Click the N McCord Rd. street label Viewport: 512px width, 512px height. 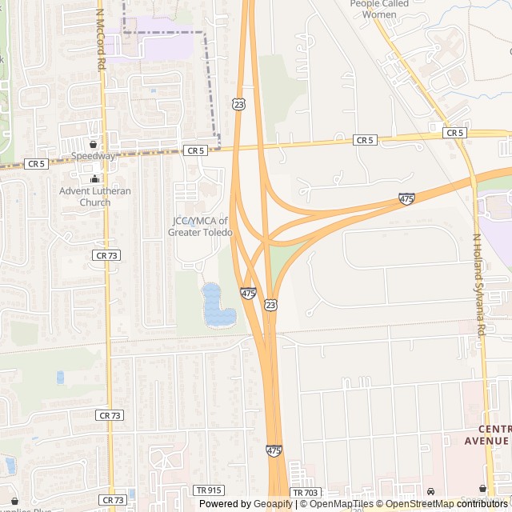click(101, 39)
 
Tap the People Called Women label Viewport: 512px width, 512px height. click(379, 9)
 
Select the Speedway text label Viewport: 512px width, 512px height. click(93, 156)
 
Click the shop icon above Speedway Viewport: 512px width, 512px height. click(94, 145)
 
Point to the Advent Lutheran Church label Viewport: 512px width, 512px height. click(95, 197)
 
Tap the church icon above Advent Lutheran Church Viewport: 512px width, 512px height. click(95, 179)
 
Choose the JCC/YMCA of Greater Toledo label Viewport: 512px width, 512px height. click(200, 226)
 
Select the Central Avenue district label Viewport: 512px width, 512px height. click(487, 435)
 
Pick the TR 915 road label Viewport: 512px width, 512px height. click(206, 490)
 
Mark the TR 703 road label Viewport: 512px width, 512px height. click(304, 494)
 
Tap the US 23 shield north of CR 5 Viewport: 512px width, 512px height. click(238, 104)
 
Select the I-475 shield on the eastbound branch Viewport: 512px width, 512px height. click(406, 198)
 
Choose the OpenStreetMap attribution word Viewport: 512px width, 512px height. click(420, 504)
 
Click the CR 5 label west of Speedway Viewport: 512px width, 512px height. click(36, 163)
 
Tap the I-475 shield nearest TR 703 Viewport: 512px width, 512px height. click(274, 451)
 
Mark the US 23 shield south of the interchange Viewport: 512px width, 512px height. click(271, 305)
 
